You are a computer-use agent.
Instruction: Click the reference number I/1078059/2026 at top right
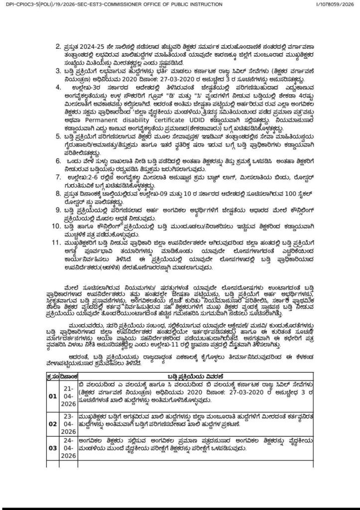[335, 4]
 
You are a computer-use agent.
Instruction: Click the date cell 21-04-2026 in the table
[69, 396]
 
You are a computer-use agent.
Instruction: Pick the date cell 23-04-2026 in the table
[69, 425]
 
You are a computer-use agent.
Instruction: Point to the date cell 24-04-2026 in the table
[69, 448]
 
